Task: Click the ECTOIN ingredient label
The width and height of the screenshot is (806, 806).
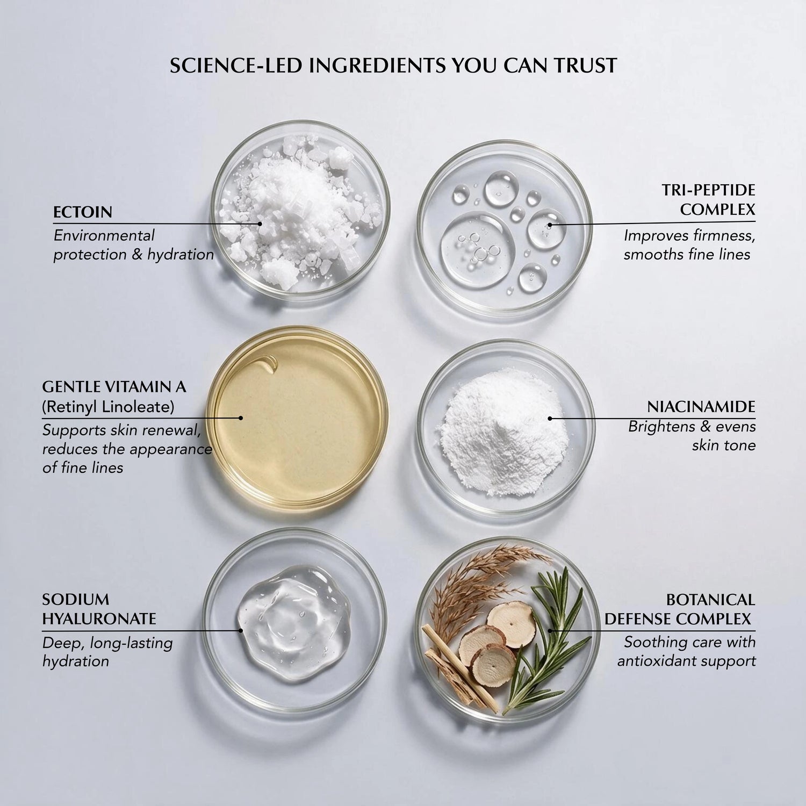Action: pyautogui.click(x=83, y=212)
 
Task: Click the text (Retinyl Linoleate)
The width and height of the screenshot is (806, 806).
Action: pyautogui.click(x=108, y=407)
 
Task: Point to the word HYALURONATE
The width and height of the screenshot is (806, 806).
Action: pyautogui.click(x=99, y=618)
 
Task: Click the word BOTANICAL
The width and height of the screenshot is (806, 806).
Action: pyautogui.click(x=710, y=599)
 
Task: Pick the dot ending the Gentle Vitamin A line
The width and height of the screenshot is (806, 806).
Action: pyautogui.click(x=241, y=418)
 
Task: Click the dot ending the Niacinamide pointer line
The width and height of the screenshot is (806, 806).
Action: pyautogui.click(x=550, y=418)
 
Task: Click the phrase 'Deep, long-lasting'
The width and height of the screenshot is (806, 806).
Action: pyautogui.click(x=107, y=643)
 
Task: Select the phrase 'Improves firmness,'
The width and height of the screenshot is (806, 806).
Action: pyautogui.click(x=690, y=235)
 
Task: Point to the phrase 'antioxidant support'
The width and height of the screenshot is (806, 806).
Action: pyautogui.click(x=686, y=661)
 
